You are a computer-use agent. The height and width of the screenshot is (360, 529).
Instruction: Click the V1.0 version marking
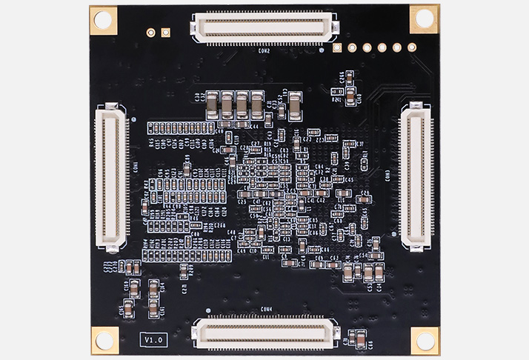(154, 339)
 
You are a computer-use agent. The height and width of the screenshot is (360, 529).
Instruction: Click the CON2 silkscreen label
(264, 52)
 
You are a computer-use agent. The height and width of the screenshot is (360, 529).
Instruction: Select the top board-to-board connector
(264, 27)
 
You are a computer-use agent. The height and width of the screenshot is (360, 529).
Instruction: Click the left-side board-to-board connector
(112, 176)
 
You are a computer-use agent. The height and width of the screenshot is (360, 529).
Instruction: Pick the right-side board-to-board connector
(416, 176)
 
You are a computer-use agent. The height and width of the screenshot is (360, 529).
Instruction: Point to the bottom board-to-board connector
(264, 333)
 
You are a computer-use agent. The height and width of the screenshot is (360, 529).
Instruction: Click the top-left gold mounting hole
(104, 20)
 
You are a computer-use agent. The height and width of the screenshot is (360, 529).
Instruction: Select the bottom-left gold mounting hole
(104, 339)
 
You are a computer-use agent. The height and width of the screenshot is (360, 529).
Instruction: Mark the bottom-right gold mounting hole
(425, 340)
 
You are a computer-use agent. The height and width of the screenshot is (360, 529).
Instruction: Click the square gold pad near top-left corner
(165, 33)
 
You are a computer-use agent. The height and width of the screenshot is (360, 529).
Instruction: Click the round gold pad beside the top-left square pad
(151, 33)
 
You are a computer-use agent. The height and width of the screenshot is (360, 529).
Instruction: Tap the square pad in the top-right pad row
(338, 48)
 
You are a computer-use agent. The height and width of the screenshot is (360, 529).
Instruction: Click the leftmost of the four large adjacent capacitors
(213, 104)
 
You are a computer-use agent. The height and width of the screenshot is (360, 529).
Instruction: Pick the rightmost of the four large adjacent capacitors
(256, 104)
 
